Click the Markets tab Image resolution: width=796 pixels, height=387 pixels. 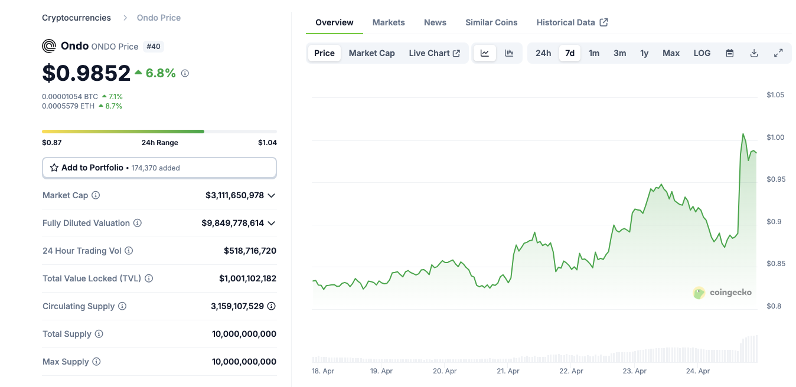point(389,22)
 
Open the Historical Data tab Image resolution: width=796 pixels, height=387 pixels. point(572,22)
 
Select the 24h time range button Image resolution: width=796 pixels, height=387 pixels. point(543,53)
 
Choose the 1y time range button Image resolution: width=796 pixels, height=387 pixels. point(644,53)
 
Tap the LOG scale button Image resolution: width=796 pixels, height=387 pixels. point(702,53)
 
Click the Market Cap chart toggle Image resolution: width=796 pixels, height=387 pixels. point(371,53)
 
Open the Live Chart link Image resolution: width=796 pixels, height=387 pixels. point(434,53)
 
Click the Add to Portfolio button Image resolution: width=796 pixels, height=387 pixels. point(159,168)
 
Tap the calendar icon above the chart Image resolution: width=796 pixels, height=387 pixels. point(730,53)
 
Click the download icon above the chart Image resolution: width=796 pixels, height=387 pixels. point(754,53)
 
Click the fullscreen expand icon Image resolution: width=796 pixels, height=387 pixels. point(778,53)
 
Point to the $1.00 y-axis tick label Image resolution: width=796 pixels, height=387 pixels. point(775,137)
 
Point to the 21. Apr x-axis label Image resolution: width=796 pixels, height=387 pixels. point(508,371)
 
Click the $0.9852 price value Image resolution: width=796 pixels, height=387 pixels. point(86,73)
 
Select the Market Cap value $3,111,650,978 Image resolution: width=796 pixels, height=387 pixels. point(234,195)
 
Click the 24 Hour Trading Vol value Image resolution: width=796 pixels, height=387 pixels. point(250,251)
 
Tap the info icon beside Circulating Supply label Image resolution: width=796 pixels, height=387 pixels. point(122,306)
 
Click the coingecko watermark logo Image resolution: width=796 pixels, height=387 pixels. point(722,293)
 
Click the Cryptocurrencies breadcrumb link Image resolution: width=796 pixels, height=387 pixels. point(76,18)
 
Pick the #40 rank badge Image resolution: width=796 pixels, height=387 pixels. point(153,46)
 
